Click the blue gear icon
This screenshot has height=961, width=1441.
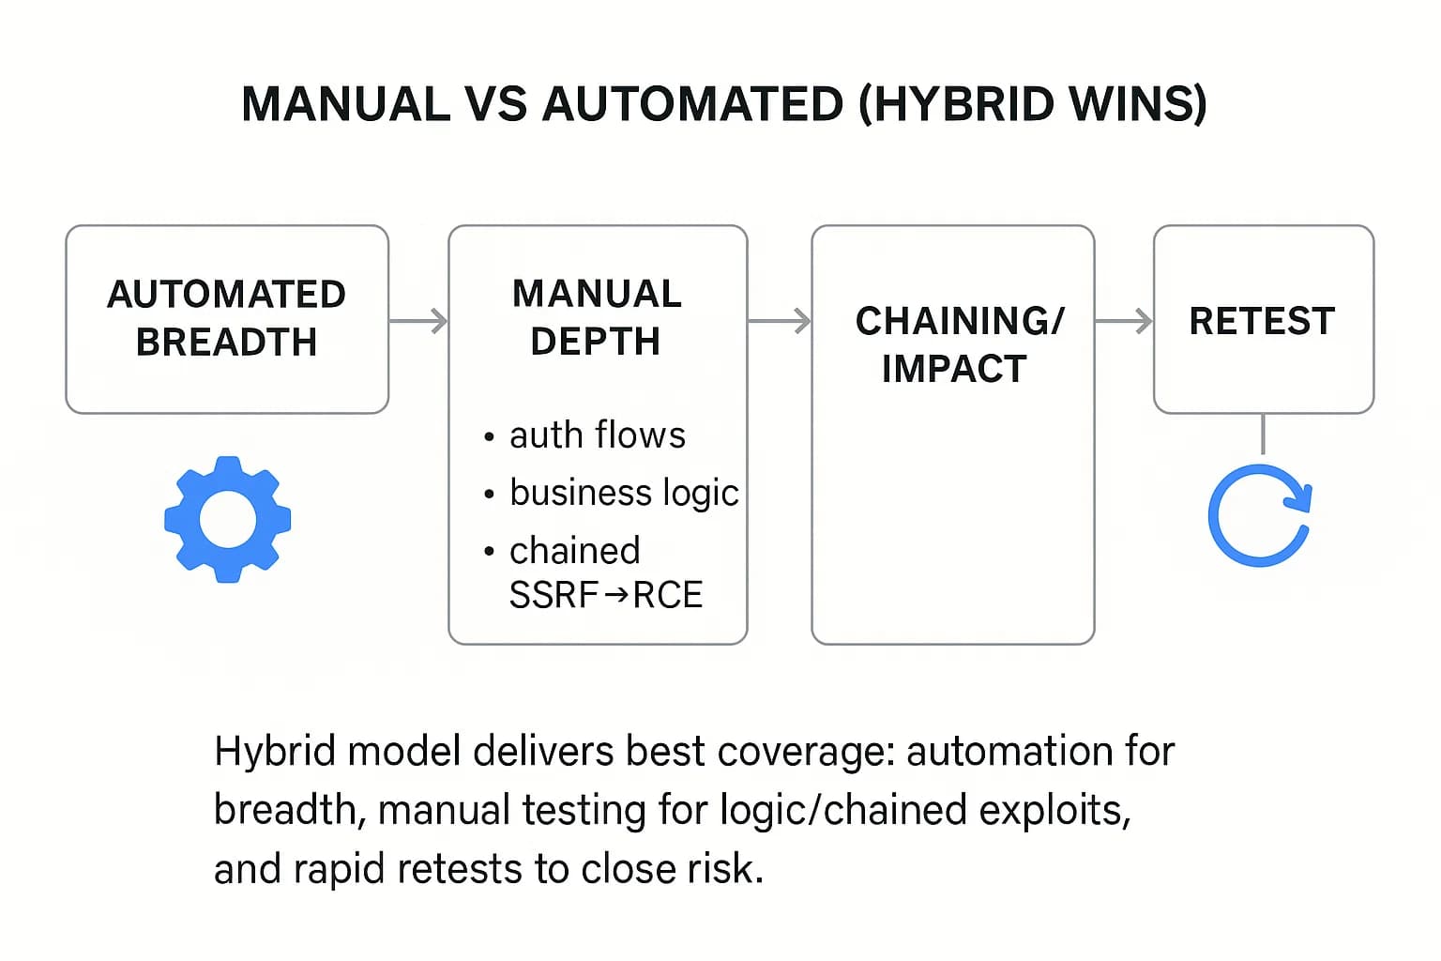coord(227,519)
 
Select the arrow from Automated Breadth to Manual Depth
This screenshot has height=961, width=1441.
coord(418,321)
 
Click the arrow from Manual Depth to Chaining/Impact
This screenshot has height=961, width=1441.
coord(780,321)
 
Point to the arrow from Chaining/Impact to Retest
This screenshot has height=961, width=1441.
coord(1123,321)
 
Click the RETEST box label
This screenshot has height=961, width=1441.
coord(1262,321)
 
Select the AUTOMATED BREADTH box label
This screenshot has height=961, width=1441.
coord(226,318)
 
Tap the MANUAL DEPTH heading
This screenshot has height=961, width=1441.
coord(597,317)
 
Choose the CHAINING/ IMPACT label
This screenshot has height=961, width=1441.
coord(958,344)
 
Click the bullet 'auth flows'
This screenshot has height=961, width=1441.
coord(597,435)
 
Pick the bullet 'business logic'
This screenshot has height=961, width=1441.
coord(623,493)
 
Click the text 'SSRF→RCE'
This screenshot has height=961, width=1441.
coord(605,595)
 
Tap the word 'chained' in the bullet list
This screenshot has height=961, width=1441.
coord(574,551)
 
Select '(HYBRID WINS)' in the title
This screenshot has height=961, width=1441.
coord(1032,104)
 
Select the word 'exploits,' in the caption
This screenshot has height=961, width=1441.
coord(1054,810)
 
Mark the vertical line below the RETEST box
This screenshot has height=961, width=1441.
coord(1263,435)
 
